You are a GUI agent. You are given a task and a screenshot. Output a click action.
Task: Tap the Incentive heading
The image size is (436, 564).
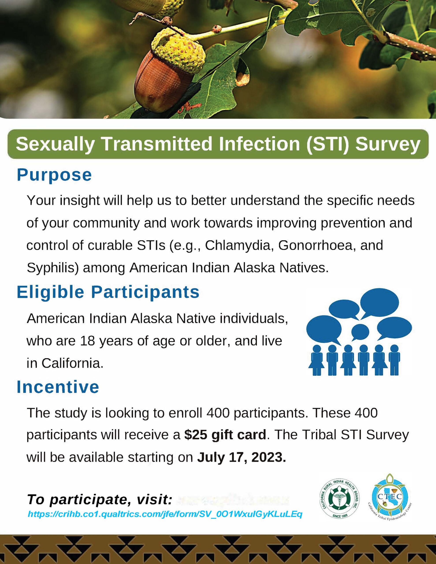point(58,387)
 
